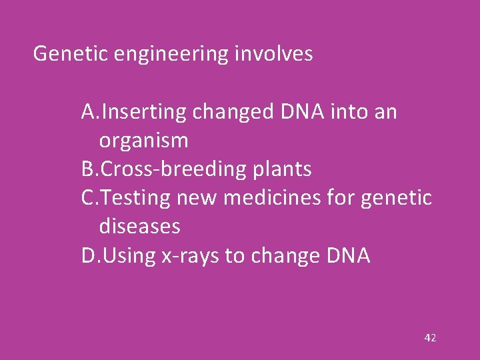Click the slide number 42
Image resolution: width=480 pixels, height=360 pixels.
[x=430, y=338]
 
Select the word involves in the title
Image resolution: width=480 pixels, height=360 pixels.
[x=273, y=54]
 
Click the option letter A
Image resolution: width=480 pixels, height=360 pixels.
[x=89, y=112]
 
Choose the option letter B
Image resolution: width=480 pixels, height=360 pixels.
[x=88, y=169]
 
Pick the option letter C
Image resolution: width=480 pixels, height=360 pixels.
[x=88, y=198]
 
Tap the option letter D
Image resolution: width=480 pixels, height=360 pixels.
[x=89, y=255]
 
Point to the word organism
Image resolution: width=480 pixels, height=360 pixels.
[x=143, y=141]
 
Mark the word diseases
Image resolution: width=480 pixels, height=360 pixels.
[x=139, y=227]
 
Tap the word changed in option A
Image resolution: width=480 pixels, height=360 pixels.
[x=233, y=113]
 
